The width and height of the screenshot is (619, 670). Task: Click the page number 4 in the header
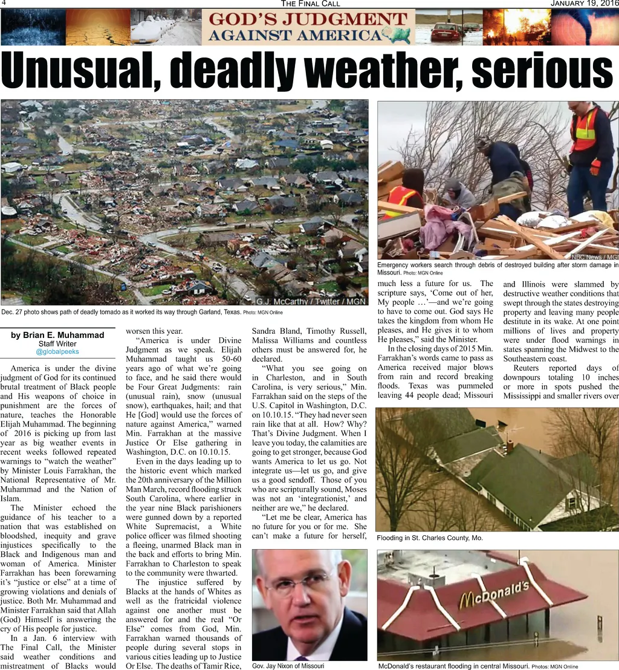[x=3, y=4]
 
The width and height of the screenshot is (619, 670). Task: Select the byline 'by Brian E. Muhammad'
[x=57, y=335]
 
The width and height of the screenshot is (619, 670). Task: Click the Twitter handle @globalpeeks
[x=57, y=351]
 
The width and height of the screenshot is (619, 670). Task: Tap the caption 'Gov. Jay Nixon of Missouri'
[x=288, y=666]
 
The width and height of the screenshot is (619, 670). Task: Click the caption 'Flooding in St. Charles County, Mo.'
[x=430, y=538]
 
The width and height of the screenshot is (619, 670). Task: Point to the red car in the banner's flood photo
[x=446, y=33]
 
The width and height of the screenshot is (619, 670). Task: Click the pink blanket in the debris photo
[x=444, y=227]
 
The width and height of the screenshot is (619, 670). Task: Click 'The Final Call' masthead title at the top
[x=310, y=4]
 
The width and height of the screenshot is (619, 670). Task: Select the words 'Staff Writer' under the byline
[x=57, y=343]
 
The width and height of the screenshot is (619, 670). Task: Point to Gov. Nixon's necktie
[x=301, y=658]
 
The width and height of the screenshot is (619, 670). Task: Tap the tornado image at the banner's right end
[x=585, y=27]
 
